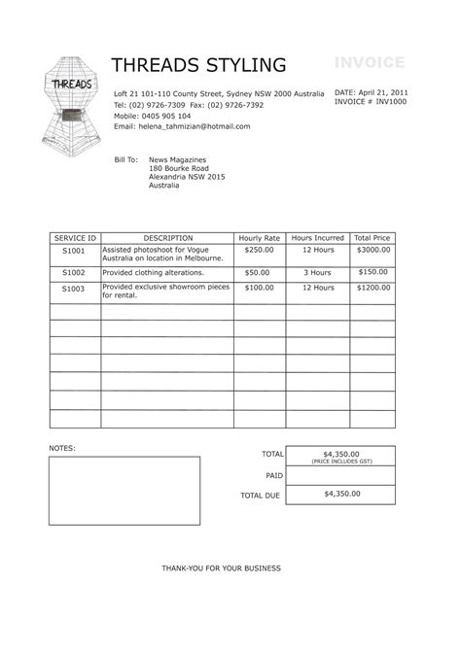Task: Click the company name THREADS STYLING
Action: [x=198, y=66]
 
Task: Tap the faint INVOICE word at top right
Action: [x=370, y=63]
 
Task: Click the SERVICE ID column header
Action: [x=75, y=238]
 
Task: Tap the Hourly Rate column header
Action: [x=259, y=238]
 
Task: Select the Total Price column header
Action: [x=372, y=238]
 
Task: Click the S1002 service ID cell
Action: [x=74, y=274]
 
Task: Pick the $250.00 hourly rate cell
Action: [x=258, y=250]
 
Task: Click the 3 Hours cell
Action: [x=318, y=274]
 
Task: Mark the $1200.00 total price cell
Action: [x=372, y=289]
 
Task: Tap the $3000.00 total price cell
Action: [x=372, y=250]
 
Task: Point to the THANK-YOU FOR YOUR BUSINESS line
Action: [x=221, y=567]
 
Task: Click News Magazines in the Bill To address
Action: [x=178, y=158]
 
